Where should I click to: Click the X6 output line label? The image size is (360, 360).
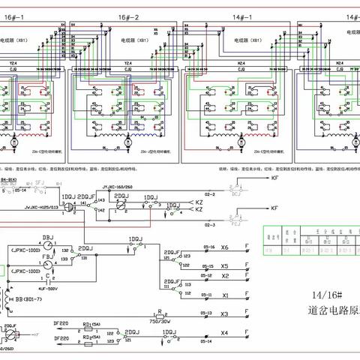pyautogui.click(x=224, y=247)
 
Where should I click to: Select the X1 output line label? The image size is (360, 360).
pyautogui.click(x=224, y=295)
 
